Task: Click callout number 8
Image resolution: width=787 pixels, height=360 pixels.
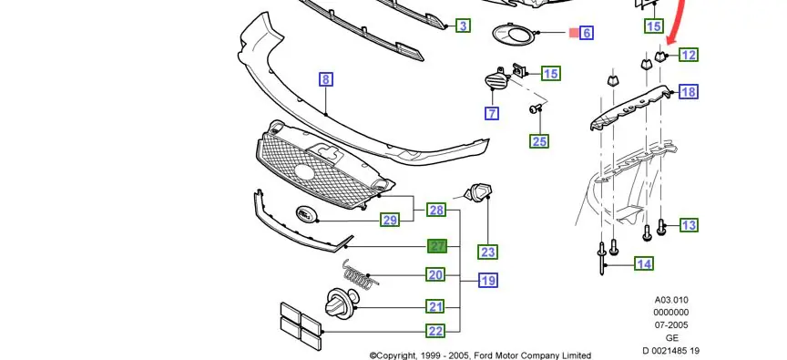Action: [326, 79]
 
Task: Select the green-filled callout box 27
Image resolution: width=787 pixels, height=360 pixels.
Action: [437, 246]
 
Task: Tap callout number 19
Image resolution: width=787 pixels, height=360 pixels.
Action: [488, 280]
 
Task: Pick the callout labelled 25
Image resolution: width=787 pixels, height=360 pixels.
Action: [539, 141]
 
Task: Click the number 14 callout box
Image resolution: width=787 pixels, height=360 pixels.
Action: [643, 263]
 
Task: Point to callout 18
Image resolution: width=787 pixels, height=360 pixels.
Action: [690, 92]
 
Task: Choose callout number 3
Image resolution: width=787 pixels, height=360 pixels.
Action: [464, 26]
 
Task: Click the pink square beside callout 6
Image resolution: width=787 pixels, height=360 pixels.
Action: [574, 33]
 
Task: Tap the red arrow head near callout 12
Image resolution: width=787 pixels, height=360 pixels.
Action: [671, 40]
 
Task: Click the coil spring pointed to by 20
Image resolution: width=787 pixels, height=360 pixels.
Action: [358, 275]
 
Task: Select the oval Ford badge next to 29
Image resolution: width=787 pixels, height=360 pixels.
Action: [305, 213]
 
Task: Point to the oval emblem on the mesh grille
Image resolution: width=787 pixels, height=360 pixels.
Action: [304, 172]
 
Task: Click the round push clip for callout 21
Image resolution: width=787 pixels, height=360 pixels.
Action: [341, 304]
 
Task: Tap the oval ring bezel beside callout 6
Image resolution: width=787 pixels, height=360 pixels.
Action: [514, 34]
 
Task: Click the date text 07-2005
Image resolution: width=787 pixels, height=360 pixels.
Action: [671, 324]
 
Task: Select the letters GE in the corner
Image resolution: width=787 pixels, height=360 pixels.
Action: [671, 338]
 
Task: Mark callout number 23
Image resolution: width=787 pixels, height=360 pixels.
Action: [488, 252]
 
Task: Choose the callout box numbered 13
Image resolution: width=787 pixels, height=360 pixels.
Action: [690, 225]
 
